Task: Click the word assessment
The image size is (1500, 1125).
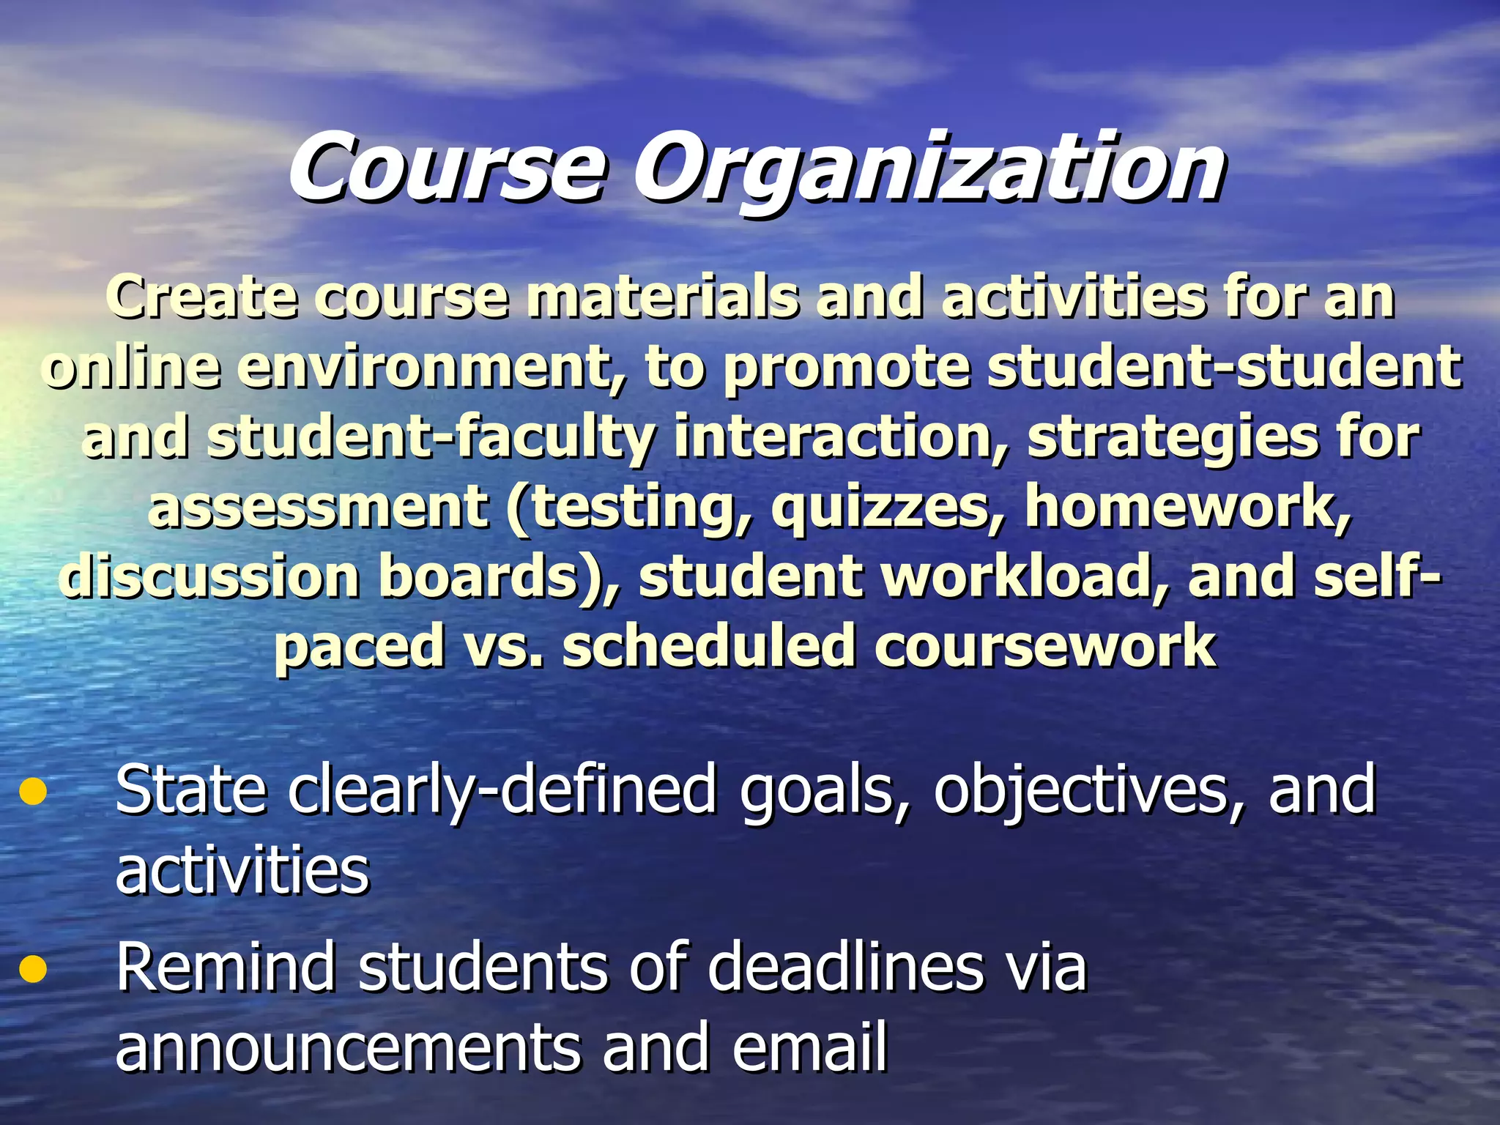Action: click(319, 506)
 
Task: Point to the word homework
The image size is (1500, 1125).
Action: click(1187, 506)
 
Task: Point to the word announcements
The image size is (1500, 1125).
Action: click(349, 1047)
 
